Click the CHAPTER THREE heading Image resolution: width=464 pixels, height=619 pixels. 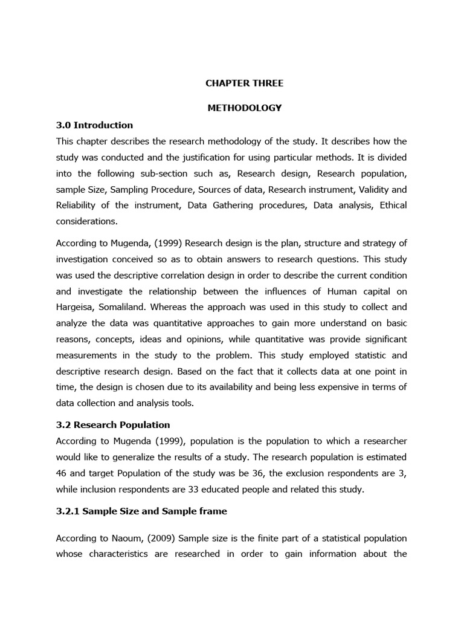[x=244, y=83]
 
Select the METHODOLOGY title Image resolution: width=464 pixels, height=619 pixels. [x=244, y=108]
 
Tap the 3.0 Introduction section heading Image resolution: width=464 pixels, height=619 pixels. [x=94, y=125]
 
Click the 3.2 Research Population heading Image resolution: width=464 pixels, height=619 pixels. [x=113, y=424]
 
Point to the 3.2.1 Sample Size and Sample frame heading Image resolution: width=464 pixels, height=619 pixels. [x=141, y=511]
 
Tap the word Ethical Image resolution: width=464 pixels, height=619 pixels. [x=393, y=206]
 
